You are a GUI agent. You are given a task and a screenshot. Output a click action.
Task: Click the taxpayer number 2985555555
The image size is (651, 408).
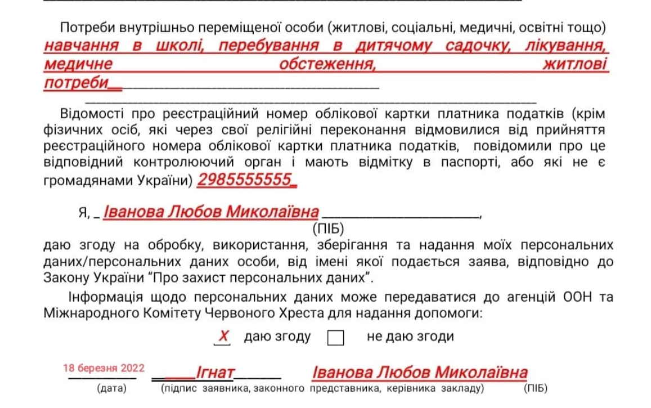246,180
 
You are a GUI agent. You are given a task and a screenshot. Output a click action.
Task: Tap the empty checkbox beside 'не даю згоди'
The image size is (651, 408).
335,338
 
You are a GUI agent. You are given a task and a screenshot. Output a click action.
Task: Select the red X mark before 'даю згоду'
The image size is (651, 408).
223,337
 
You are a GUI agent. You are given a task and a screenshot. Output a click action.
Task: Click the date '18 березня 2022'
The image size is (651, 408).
104,369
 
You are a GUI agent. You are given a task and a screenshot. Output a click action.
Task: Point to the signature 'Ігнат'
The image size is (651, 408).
215,372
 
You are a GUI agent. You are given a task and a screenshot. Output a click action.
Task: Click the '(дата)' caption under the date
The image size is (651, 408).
111,388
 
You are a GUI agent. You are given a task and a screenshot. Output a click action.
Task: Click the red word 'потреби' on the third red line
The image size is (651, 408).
76,83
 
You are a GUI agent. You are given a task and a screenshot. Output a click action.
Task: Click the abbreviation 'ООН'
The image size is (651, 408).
577,297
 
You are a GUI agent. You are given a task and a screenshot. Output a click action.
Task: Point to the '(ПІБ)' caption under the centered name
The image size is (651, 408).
327,228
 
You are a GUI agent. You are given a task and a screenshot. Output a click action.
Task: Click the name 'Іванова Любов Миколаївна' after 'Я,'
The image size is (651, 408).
212,212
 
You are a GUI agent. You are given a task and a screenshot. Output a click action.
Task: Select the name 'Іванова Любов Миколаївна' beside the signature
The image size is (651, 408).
420,372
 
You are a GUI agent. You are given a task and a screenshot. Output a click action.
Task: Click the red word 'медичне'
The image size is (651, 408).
78,65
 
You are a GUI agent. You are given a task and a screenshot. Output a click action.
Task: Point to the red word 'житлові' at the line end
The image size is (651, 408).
574,65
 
